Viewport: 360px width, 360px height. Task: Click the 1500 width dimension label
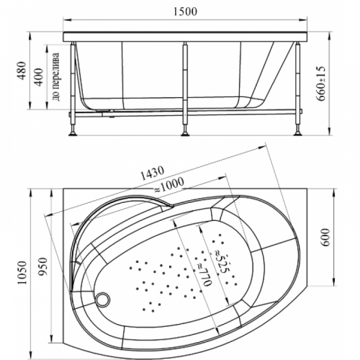pyautogui.click(x=185, y=12)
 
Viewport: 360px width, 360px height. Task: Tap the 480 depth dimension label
pyautogui.click(x=22, y=71)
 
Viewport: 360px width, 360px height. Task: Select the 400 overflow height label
pyautogui.click(x=39, y=77)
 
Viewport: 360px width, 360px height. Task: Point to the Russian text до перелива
pyautogui.click(x=55, y=77)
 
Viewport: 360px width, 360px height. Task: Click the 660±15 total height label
pyautogui.click(x=321, y=84)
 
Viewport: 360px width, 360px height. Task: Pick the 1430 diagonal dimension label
pyautogui.click(x=152, y=173)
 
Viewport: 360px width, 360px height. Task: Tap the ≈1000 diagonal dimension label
pyautogui.click(x=168, y=185)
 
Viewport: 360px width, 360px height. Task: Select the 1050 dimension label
pyautogui.click(x=22, y=273)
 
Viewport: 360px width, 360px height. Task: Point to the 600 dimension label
pyautogui.click(x=325, y=237)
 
